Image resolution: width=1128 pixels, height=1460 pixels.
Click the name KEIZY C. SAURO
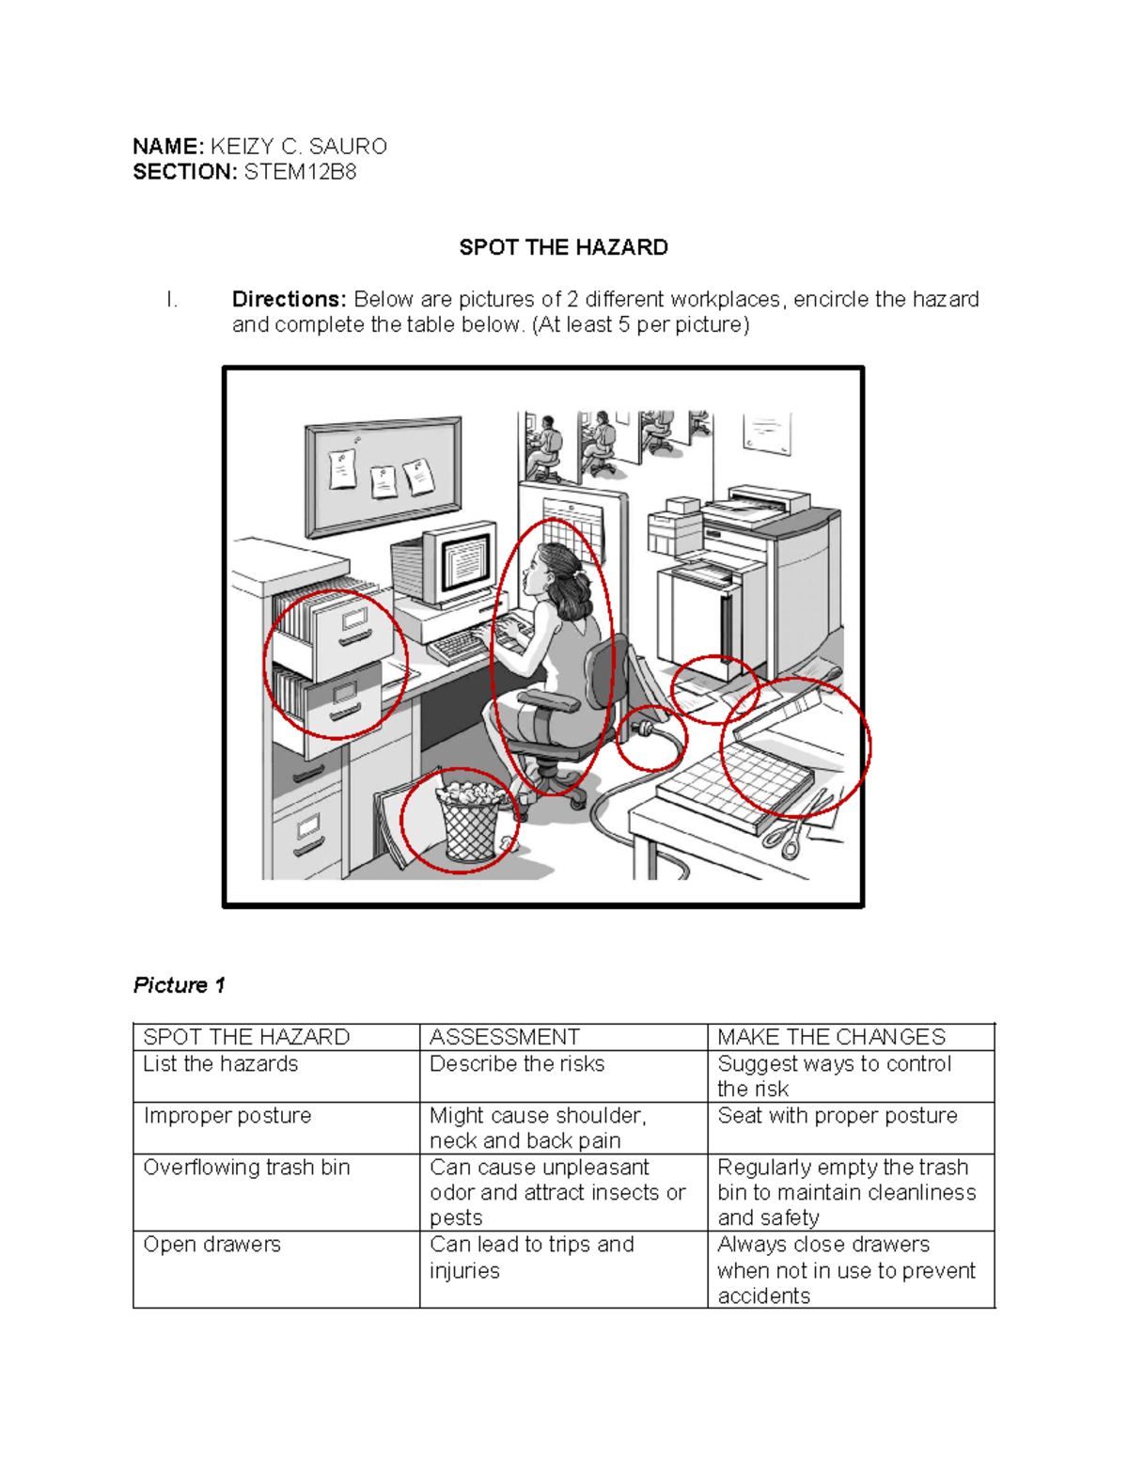[x=298, y=147]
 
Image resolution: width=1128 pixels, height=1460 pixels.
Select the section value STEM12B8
[x=300, y=172]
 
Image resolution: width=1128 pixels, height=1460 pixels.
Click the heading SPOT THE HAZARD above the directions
[x=563, y=247]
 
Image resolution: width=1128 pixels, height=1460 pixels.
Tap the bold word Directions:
[x=290, y=299]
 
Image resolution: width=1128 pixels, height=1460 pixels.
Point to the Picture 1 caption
[x=180, y=984]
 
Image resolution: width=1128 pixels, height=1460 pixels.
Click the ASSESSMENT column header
[x=505, y=1037]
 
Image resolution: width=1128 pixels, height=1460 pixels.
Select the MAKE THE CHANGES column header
[x=831, y=1037]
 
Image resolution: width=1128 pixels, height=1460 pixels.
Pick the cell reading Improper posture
[x=227, y=1116]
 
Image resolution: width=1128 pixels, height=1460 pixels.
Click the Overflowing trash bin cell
[x=246, y=1168]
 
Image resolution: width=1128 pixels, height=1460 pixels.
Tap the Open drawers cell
[x=211, y=1245]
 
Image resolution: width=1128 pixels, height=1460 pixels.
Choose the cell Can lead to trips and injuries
[x=531, y=1257]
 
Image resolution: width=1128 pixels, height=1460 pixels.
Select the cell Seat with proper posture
[x=837, y=1116]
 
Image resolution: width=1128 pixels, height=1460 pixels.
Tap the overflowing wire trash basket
[x=470, y=823]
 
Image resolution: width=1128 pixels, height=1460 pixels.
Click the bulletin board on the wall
[x=384, y=475]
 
